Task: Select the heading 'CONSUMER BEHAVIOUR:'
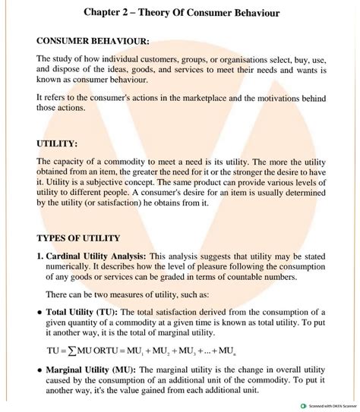93,42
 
